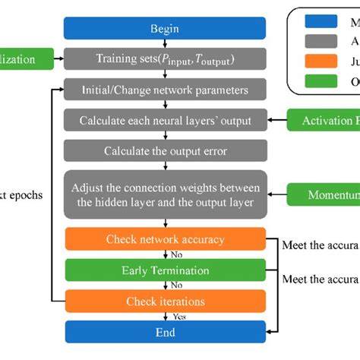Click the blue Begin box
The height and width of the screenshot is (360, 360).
(165, 29)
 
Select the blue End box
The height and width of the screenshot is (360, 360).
(165, 332)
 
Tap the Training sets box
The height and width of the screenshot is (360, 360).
(165, 58)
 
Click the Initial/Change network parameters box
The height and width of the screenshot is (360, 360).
(165, 89)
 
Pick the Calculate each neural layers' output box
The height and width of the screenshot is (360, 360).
(165, 119)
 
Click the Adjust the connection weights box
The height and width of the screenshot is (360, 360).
(165, 194)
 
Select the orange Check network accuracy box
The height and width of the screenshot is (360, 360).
(165, 239)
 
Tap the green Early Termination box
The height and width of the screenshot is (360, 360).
(165, 270)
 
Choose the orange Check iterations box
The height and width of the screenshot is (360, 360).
(165, 302)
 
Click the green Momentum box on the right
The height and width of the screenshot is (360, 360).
(323, 194)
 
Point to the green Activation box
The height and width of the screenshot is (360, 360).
(323, 119)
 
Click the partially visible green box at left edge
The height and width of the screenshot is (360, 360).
(27, 58)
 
